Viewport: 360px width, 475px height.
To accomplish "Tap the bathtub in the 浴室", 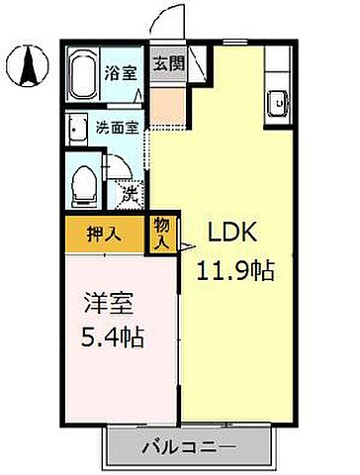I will (82, 73).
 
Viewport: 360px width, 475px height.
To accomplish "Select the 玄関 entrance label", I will (165, 65).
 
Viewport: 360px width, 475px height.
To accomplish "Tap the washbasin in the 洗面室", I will (76, 128).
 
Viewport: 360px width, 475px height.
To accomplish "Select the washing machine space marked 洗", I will (129, 193).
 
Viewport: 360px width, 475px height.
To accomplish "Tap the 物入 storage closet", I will (163, 234).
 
